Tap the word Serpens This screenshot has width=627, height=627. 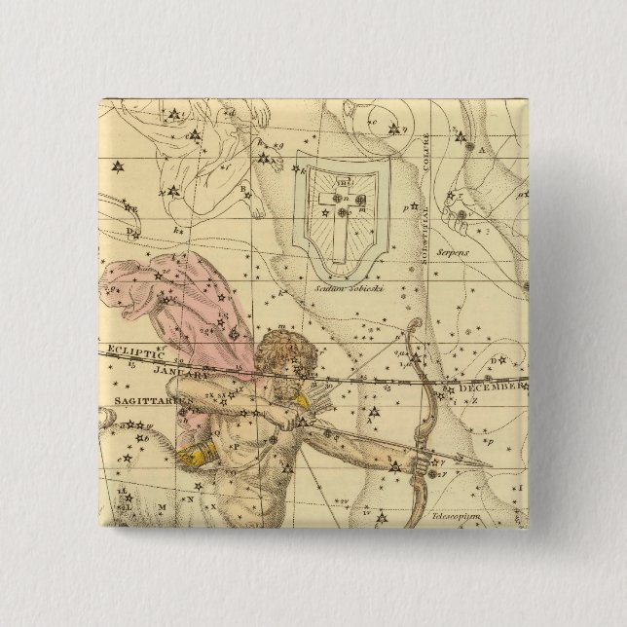[x=478, y=250]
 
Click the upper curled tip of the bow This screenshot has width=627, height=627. [x=416, y=328]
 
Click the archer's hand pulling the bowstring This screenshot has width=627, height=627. [x=292, y=421]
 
